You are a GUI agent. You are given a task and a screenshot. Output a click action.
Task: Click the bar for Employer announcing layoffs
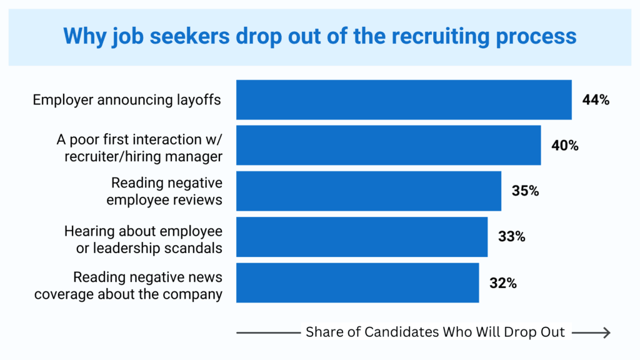(x=404, y=99)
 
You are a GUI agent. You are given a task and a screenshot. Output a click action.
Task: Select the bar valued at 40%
(x=388, y=146)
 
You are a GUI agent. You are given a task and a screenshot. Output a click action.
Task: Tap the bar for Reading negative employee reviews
(x=368, y=191)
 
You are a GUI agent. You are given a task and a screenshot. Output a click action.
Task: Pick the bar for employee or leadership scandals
(x=361, y=237)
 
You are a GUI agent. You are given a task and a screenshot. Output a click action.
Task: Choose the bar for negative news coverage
(x=357, y=282)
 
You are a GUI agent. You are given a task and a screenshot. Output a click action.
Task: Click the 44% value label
(x=596, y=99)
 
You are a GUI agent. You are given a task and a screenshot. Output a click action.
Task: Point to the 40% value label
(x=565, y=146)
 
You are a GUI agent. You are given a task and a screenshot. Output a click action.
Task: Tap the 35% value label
(x=525, y=191)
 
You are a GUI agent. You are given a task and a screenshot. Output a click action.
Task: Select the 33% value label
(x=511, y=237)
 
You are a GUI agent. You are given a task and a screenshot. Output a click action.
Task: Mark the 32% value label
(x=503, y=282)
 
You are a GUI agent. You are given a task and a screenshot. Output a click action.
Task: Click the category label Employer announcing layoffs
(x=127, y=100)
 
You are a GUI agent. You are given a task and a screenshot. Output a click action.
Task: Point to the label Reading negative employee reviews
(x=164, y=191)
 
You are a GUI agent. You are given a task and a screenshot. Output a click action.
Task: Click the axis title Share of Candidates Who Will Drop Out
(x=435, y=332)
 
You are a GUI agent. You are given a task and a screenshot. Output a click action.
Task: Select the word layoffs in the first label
(x=199, y=100)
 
